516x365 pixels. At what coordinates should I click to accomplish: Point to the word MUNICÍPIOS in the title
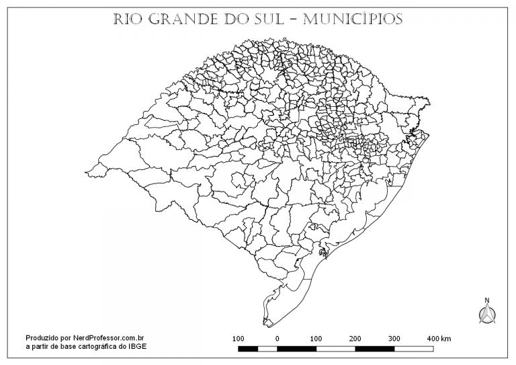353,19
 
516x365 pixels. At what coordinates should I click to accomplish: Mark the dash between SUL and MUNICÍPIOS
291,19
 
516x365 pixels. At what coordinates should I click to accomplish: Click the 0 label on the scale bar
277,337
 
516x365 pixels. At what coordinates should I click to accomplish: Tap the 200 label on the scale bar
355,337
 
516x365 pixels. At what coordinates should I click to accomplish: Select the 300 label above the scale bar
394,337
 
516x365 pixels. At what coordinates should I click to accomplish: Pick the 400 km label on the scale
439,337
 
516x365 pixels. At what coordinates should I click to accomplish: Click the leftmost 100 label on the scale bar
238,337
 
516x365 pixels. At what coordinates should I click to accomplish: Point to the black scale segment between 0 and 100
297,349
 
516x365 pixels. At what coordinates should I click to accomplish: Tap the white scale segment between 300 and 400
414,349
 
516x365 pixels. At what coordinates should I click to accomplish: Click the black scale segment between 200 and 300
375,349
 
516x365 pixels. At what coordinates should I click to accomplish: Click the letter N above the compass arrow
486,300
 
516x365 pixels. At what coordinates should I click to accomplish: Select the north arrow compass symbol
486,314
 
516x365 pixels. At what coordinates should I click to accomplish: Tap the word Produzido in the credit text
42,337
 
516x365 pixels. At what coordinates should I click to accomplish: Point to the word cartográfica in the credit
96,346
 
